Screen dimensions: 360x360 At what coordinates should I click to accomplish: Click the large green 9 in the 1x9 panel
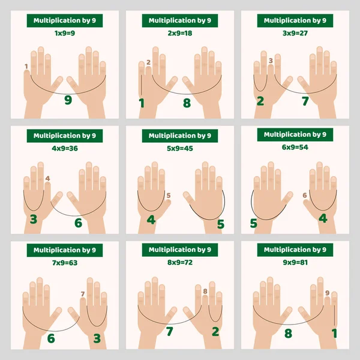[68, 100]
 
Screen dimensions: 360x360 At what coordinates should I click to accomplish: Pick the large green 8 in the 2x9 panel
[187, 103]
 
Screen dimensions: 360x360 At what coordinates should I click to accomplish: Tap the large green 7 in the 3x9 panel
[305, 101]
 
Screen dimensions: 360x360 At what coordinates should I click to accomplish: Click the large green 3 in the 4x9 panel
[33, 219]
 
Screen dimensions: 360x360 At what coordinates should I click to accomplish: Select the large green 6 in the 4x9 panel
[78, 223]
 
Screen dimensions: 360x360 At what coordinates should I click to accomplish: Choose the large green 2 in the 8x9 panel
[215, 331]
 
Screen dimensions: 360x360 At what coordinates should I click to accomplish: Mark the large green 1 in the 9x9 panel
[335, 333]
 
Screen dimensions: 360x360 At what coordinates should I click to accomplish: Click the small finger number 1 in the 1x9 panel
[26, 66]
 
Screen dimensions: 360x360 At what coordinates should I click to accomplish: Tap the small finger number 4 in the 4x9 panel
[47, 178]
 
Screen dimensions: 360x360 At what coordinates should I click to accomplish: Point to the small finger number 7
[83, 293]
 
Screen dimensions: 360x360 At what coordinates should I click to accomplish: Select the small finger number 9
[327, 293]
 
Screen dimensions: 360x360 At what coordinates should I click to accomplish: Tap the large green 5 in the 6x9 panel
[254, 224]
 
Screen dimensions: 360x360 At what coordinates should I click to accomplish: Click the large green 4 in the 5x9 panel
[151, 220]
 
